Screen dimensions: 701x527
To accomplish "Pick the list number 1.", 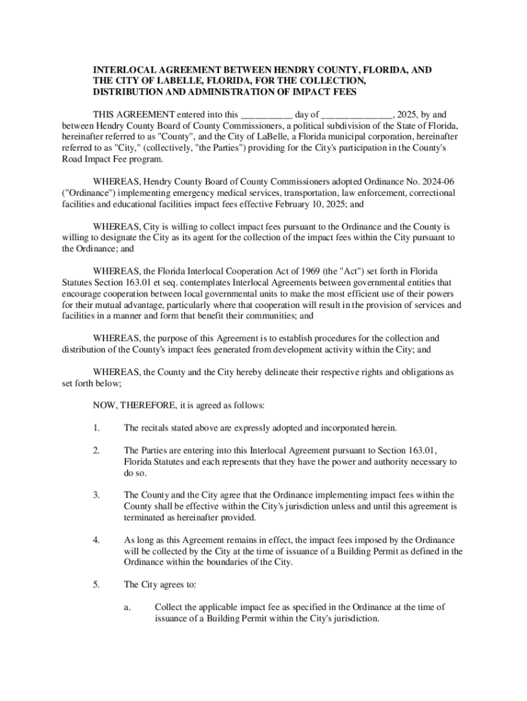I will click(97, 428).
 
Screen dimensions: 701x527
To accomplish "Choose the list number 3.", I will click(97, 494).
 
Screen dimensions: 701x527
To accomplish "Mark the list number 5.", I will click(97, 585).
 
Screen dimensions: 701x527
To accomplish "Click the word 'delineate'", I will click(291, 372).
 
